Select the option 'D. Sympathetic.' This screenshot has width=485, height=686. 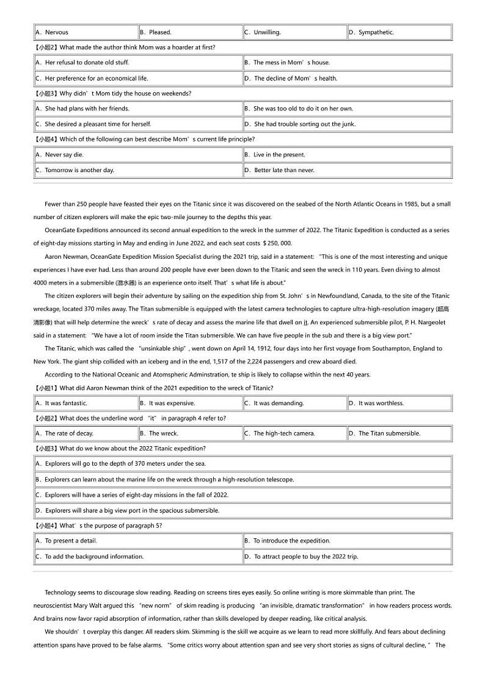pos(376,32)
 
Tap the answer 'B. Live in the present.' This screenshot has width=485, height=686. pos(279,155)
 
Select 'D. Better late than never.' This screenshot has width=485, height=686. pos(284,170)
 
